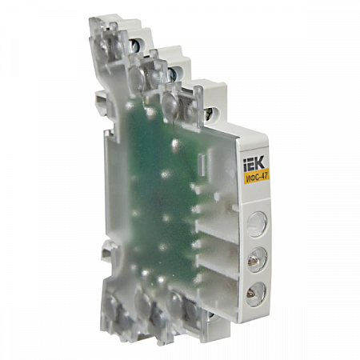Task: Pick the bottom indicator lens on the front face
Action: [x=254, y=294]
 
